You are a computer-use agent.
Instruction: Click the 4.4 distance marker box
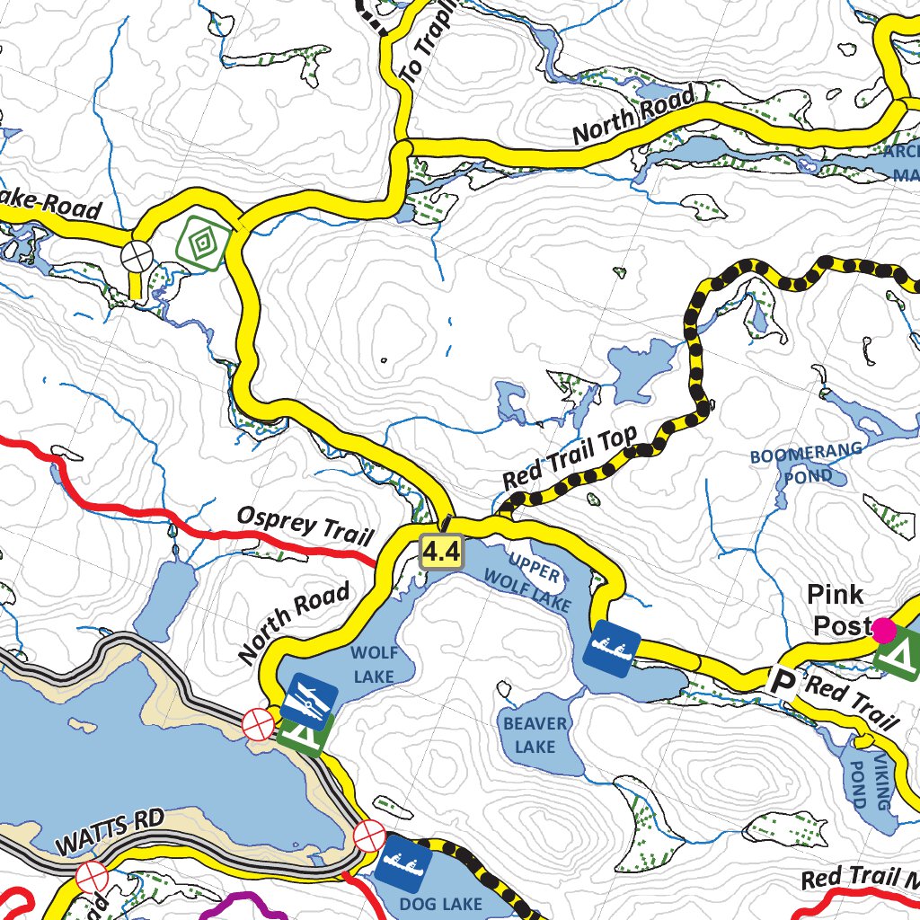coord(441,551)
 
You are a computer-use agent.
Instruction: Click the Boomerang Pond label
coord(806,463)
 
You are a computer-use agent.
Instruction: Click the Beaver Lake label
coord(535,735)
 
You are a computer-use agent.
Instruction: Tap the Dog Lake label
coord(440,903)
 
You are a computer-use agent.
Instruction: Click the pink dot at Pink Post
coord(884,629)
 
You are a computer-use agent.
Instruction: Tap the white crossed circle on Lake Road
coord(137,256)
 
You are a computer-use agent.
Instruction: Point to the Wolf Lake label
coord(373,663)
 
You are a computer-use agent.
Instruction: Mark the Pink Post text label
coord(837,609)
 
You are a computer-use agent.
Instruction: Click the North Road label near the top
coord(634,116)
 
